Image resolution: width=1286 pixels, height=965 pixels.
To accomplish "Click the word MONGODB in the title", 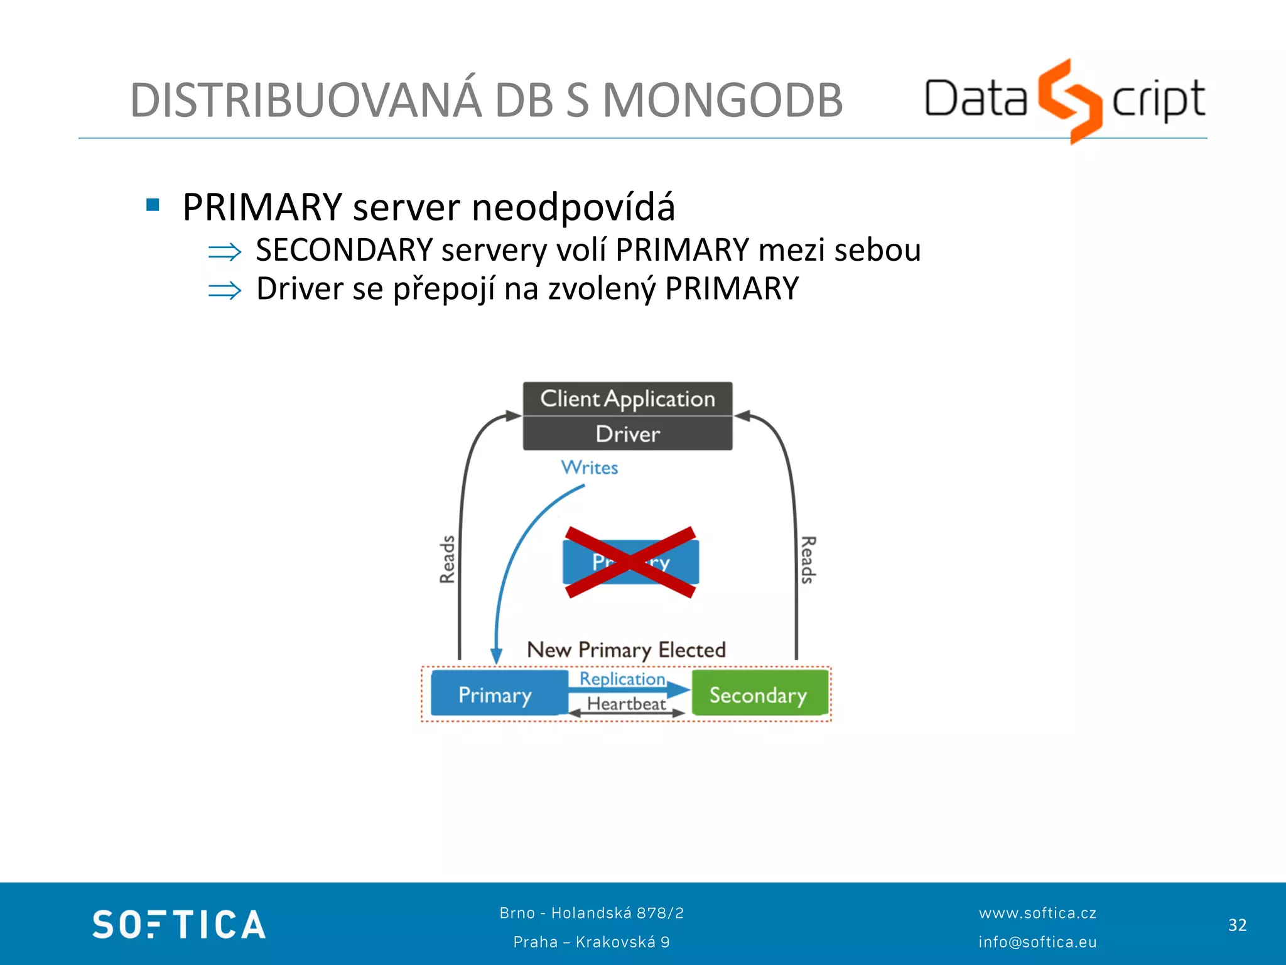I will tap(722, 101).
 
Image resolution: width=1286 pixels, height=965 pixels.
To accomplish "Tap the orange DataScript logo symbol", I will tap(1069, 101).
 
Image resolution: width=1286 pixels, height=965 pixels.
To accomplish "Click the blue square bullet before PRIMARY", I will tap(153, 205).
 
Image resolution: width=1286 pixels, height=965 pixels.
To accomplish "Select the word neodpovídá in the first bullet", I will tap(573, 207).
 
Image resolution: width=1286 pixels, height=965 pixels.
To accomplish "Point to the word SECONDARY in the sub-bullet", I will tap(344, 250).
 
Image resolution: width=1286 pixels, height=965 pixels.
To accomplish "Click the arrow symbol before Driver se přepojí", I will tap(224, 290).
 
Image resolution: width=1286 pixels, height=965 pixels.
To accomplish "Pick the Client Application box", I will tap(627, 399).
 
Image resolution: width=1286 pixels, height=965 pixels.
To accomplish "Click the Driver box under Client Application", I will tap(627, 434).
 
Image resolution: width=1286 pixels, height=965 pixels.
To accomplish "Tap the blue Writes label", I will tap(589, 467).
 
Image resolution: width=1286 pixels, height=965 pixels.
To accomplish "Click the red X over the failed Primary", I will tap(630, 562).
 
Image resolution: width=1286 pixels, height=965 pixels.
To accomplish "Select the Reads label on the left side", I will tap(447, 559).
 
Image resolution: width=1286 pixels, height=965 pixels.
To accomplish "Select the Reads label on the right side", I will tap(808, 559).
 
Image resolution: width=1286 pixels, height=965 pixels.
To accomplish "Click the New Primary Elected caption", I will tap(626, 649).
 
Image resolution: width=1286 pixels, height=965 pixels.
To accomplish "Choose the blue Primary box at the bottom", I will tap(496, 694).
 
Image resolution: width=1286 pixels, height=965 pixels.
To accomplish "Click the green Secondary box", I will tap(759, 694).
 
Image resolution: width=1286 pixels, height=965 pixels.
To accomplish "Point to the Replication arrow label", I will tap(622, 679).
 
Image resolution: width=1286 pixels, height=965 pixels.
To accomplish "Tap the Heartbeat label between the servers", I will tap(626, 704).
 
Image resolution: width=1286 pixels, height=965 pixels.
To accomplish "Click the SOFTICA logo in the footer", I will tap(179, 924).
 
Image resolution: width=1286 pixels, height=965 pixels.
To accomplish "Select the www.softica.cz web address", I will tap(1037, 913).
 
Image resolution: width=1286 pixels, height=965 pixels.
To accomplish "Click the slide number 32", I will tap(1237, 925).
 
